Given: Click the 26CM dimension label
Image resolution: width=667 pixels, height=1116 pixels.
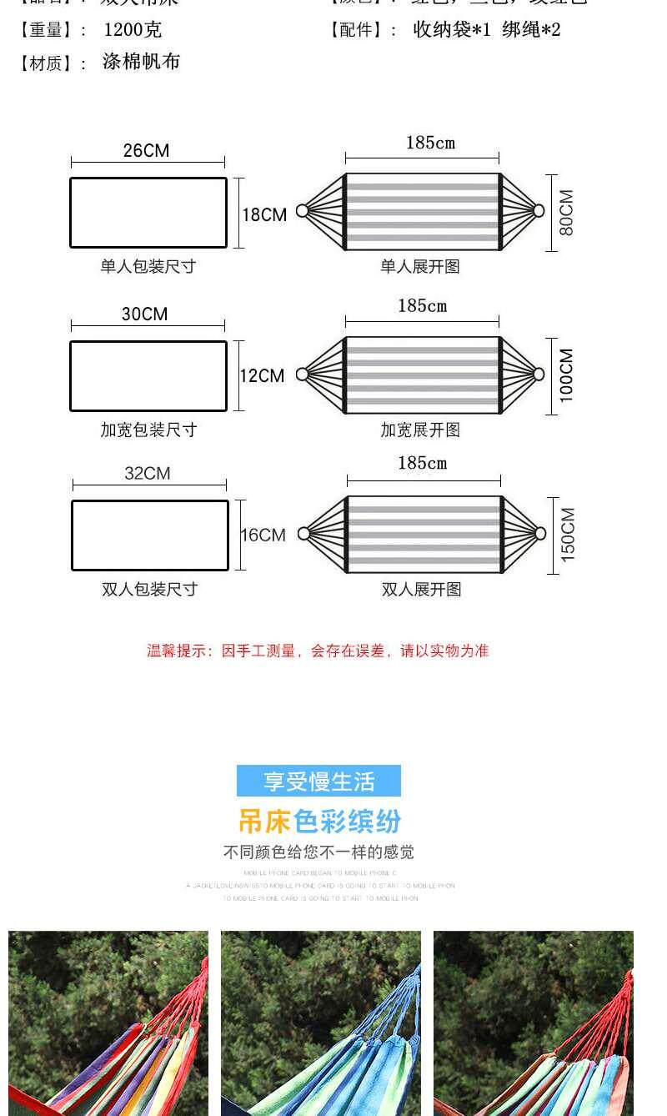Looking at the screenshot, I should (x=146, y=151).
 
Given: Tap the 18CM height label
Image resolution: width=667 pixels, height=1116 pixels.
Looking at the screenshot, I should (x=264, y=215).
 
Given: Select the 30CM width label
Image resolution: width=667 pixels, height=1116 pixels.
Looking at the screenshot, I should (x=144, y=314).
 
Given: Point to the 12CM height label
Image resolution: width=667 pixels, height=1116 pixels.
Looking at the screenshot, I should (x=262, y=376).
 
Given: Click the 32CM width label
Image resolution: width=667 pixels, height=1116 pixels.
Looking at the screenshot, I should (x=147, y=474).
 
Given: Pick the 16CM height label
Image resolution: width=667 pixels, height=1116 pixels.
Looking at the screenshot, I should (x=263, y=535).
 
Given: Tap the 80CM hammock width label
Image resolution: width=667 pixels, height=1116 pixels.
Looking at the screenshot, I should (x=567, y=213).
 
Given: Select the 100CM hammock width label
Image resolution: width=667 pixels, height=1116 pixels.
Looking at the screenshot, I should (x=567, y=375).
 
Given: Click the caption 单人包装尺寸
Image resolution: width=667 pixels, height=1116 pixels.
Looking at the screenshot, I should (x=148, y=267).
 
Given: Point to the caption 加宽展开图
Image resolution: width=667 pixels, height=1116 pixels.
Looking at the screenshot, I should (x=420, y=430).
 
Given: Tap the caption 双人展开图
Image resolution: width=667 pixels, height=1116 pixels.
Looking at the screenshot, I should (x=421, y=590).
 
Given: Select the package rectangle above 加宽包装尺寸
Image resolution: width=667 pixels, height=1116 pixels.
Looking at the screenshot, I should (x=148, y=376).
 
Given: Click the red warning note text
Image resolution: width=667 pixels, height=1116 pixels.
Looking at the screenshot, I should (x=318, y=651).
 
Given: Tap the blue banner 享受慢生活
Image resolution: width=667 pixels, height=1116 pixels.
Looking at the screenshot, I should (x=318, y=782).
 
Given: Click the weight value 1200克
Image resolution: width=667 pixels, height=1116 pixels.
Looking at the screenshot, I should (x=133, y=30).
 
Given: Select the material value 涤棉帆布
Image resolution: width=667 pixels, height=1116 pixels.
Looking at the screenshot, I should (x=141, y=62).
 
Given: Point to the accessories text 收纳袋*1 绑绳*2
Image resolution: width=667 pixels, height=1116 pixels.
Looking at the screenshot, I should (x=487, y=30).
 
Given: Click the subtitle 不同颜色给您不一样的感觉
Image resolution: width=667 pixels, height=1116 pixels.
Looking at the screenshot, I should (x=318, y=852).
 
